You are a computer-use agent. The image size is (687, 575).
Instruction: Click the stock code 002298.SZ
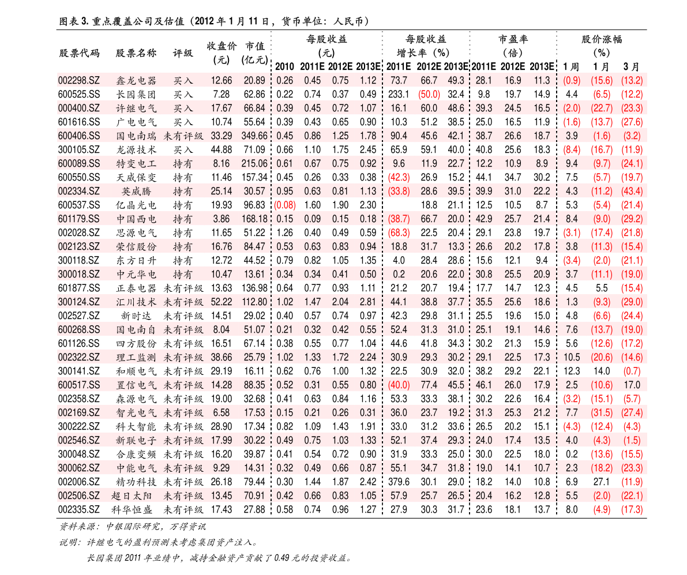point(79,81)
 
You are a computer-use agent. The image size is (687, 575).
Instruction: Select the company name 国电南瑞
point(136,136)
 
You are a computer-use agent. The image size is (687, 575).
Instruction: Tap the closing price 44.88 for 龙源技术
point(222,150)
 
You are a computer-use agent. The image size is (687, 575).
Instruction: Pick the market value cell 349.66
point(254,136)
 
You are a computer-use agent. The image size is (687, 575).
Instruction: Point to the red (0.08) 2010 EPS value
point(285,205)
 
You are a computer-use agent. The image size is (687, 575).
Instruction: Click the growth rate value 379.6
point(399,482)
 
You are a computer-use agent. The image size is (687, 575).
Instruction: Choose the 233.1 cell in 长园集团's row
point(399,94)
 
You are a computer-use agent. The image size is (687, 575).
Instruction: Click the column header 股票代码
point(79,54)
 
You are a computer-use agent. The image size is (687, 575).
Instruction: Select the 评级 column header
point(183,54)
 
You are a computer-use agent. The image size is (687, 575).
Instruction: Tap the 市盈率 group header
point(513,39)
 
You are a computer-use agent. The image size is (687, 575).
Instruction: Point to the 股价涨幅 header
point(602,39)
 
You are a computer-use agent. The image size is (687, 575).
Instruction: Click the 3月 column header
point(632,66)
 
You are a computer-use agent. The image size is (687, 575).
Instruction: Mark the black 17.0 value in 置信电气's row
point(632,385)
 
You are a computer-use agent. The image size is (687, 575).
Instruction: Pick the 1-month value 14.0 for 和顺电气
point(602,371)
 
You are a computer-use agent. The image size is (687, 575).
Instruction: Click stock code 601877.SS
point(79,288)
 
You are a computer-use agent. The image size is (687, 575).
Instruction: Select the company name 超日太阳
point(132,496)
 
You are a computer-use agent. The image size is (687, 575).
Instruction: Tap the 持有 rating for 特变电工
point(183,164)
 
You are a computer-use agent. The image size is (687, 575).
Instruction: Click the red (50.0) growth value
point(429,94)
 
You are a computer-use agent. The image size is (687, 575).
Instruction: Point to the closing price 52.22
point(222,302)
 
